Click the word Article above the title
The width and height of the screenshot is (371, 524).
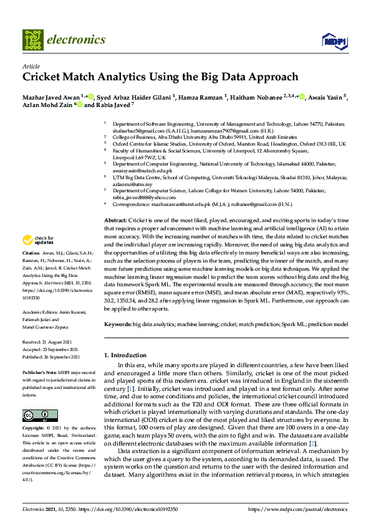click(31, 66)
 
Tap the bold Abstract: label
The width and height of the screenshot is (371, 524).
click(115, 221)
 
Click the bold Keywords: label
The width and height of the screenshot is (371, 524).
click(117, 324)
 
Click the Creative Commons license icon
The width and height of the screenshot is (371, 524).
click(36, 416)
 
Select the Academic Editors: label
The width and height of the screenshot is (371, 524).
click(41, 312)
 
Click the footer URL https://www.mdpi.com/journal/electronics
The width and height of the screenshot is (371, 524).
click(297, 509)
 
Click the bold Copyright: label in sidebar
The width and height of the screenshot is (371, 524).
click(35, 429)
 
